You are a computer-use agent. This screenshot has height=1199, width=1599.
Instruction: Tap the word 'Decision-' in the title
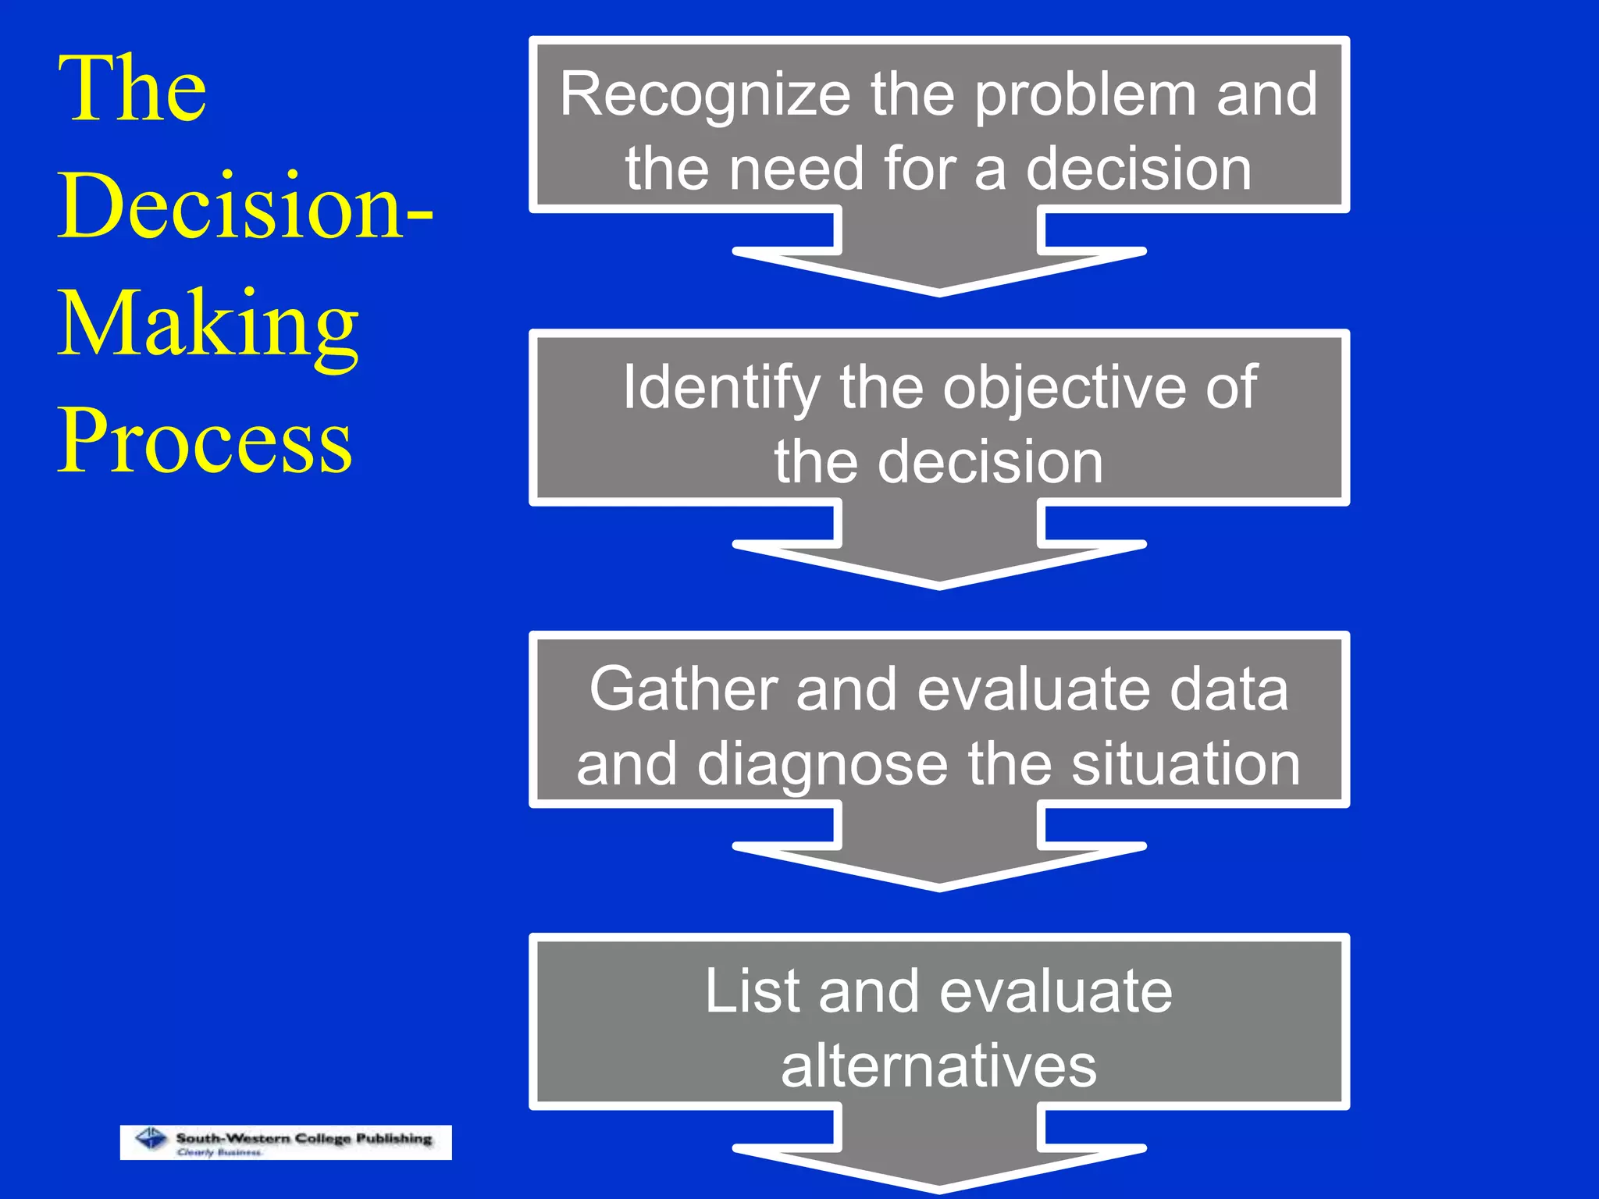pyautogui.click(x=244, y=206)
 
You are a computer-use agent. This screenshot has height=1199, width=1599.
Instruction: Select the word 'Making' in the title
pyautogui.click(x=208, y=326)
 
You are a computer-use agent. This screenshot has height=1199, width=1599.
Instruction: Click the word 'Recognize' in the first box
pyautogui.click(x=704, y=96)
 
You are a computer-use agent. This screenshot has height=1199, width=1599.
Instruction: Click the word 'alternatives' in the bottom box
pyautogui.click(x=938, y=1066)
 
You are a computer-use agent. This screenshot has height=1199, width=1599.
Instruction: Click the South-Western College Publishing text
pyautogui.click(x=304, y=1138)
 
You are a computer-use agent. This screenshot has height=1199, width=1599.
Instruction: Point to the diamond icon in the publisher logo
pyautogui.click(x=151, y=1140)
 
